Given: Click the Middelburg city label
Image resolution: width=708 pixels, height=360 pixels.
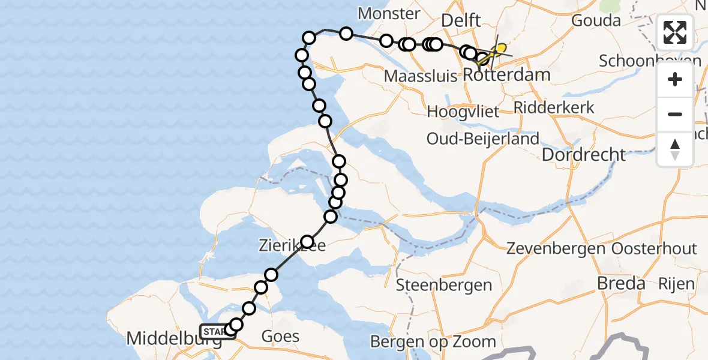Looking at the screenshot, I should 163,339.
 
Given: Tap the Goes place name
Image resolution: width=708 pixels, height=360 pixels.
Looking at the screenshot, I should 280,336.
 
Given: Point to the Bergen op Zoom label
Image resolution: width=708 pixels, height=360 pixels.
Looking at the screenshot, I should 433,342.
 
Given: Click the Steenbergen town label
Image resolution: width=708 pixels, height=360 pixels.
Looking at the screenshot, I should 444,285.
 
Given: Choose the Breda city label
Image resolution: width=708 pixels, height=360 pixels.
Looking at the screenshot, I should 621,283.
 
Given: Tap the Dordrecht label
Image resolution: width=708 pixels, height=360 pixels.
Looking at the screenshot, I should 584,155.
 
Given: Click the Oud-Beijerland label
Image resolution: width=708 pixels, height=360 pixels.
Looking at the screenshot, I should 482,139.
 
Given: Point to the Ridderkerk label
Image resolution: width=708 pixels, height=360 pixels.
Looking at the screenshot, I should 554,107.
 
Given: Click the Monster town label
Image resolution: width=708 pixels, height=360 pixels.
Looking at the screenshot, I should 389,13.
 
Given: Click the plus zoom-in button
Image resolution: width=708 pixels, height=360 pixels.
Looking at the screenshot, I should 675,80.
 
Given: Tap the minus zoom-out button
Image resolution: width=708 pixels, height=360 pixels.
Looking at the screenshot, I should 675,114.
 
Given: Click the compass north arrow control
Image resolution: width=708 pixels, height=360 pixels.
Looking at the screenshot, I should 675,149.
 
